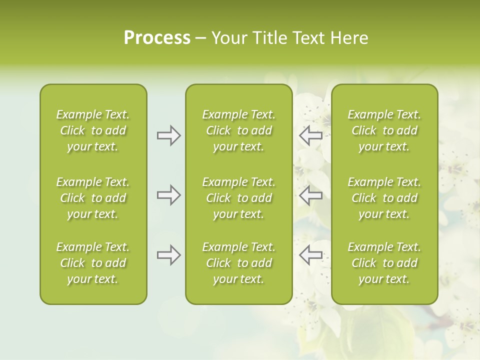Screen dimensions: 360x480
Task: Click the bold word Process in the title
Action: click(x=157, y=38)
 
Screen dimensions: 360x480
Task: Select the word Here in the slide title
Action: click(x=350, y=38)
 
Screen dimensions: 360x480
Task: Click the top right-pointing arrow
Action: click(x=168, y=135)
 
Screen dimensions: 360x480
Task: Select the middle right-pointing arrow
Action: click(x=168, y=195)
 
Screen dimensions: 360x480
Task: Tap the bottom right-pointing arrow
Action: click(x=168, y=255)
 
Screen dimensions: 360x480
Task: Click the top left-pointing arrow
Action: click(x=310, y=135)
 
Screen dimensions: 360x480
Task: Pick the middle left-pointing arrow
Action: click(x=310, y=195)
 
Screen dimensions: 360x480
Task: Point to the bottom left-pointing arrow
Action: click(x=310, y=255)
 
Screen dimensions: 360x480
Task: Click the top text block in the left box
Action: click(x=93, y=130)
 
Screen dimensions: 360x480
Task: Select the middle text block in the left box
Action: click(x=93, y=198)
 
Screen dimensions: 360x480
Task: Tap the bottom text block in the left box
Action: click(x=93, y=263)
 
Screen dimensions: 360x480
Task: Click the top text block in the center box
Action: click(x=238, y=130)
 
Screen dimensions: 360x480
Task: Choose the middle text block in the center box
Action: click(x=238, y=198)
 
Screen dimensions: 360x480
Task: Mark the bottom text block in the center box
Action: click(x=238, y=263)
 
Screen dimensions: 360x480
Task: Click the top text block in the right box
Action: click(x=384, y=130)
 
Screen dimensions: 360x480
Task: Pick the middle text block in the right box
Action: click(x=384, y=198)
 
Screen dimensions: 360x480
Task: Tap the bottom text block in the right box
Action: click(x=384, y=263)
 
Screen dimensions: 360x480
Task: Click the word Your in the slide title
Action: click(x=228, y=38)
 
